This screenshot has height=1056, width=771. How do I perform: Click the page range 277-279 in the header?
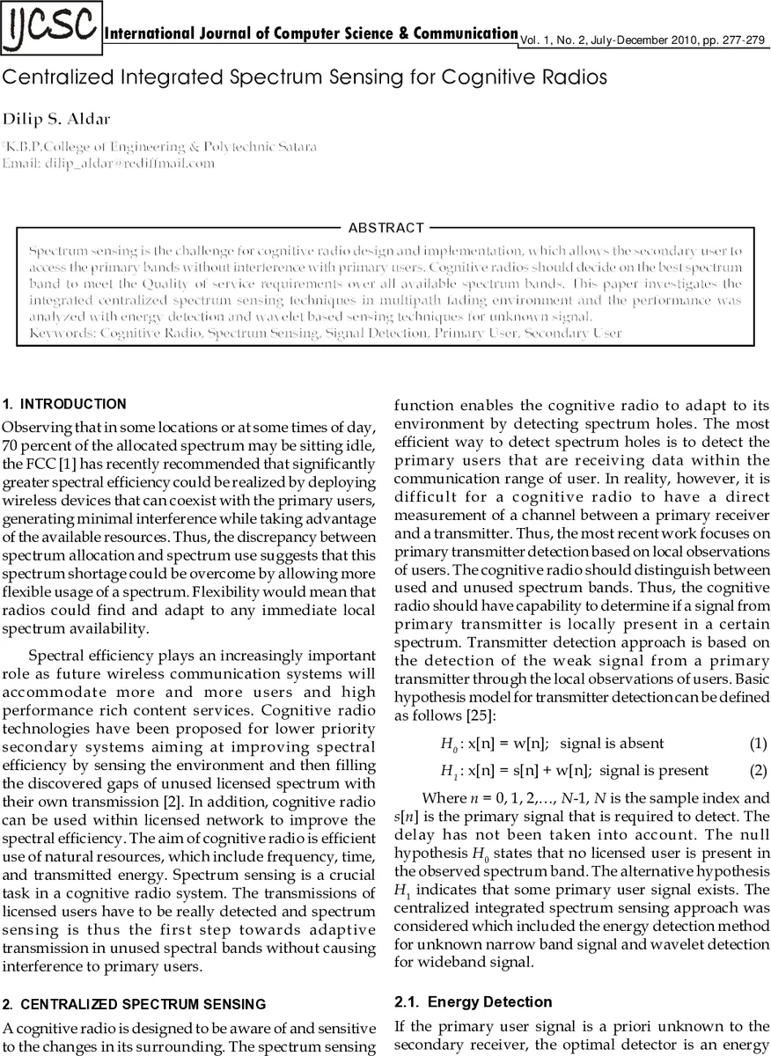(x=745, y=40)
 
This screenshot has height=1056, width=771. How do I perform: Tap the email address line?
(x=108, y=163)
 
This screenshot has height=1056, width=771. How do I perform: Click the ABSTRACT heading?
(x=386, y=228)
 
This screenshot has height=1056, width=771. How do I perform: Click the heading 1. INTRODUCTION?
(x=64, y=405)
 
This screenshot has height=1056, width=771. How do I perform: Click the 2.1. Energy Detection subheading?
(x=473, y=1001)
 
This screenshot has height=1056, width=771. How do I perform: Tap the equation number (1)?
(x=759, y=744)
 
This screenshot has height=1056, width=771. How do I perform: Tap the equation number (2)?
(x=759, y=770)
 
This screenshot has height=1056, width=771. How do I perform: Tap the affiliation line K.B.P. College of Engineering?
(x=159, y=146)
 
